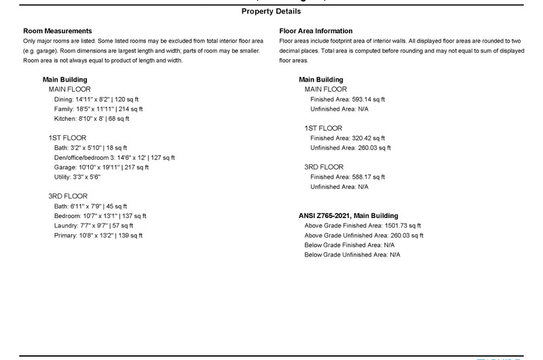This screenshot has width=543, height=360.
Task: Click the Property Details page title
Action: pos(271,12)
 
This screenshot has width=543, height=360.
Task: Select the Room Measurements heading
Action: pos(57,31)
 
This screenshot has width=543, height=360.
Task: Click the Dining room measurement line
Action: pos(98,99)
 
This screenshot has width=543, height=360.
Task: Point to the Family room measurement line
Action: pos(98,109)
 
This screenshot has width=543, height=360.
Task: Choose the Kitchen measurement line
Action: pos(92,119)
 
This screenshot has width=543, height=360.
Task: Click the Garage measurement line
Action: pos(101,167)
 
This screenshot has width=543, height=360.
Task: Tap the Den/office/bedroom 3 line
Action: pos(114,158)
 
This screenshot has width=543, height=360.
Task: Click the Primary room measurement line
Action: pos(98,236)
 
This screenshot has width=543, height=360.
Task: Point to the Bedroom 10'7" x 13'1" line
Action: pos(100,216)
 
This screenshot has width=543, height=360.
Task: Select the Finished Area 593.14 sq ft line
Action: pos(348,99)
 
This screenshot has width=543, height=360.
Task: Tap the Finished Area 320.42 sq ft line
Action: pos(348,138)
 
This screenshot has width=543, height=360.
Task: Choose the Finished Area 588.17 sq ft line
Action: pos(348,177)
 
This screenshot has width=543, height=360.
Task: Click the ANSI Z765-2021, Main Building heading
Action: pos(349,216)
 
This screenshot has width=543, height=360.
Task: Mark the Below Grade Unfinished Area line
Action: pos(353,255)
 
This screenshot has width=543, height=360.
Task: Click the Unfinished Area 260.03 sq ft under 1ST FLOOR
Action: pos(351,147)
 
